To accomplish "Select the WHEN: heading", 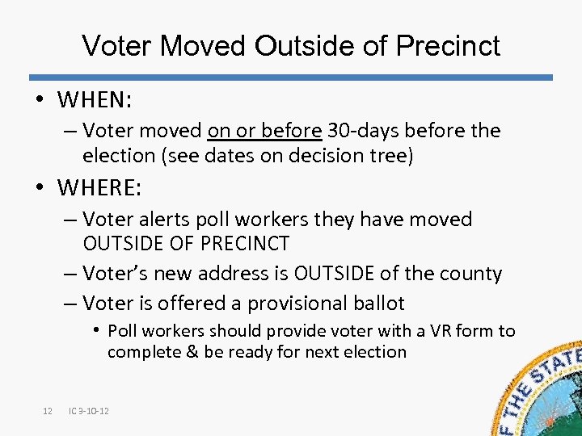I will point(95,101).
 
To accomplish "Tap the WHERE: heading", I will point(99,188).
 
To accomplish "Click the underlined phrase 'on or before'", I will point(265,131).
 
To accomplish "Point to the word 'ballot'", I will point(378,304).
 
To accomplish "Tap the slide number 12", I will point(47,412).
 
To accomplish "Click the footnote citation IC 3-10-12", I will point(90,412).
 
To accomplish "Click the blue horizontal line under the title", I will point(291,78).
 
